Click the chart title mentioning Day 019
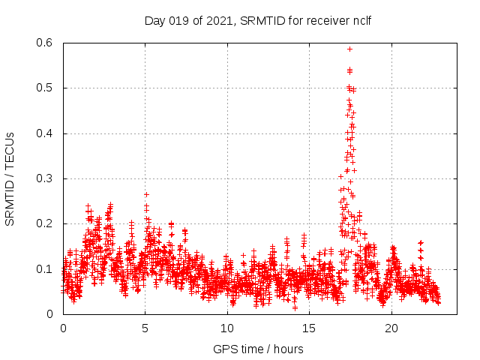click(x=258, y=20)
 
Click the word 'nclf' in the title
click(x=359, y=20)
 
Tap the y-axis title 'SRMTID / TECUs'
click(x=10, y=179)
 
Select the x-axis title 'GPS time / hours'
click(x=258, y=349)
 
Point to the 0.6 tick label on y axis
click(x=45, y=43)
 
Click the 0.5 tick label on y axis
click(x=45, y=88)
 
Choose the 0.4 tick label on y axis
click(x=45, y=133)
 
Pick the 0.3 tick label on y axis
click(x=45, y=178)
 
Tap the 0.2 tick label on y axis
click(x=45, y=224)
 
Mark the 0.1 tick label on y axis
click(x=45, y=269)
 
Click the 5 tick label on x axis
click(x=145, y=328)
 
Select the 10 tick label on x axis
click(x=227, y=328)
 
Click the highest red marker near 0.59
click(x=349, y=49)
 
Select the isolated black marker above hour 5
click(x=147, y=194)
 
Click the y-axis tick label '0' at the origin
click(x=52, y=314)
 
